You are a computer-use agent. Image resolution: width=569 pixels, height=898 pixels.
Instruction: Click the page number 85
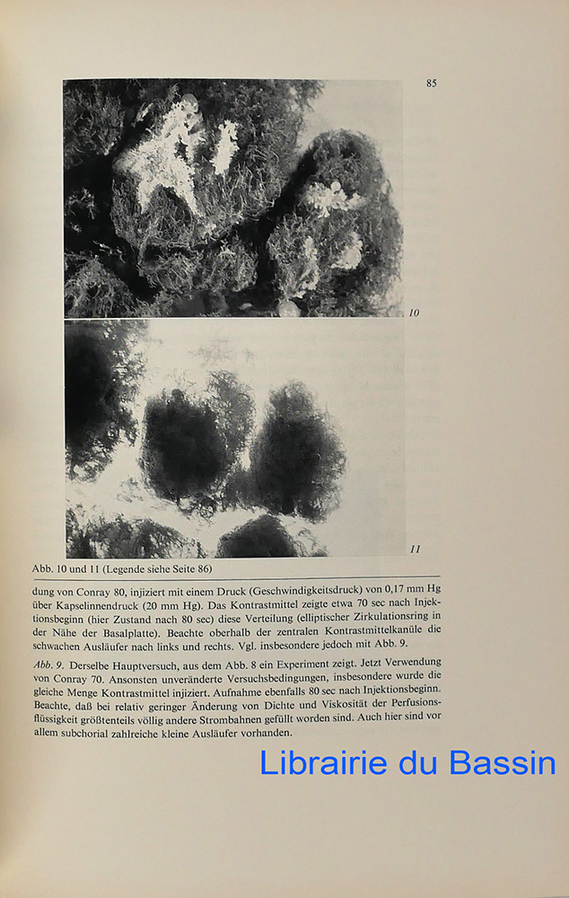point(432,84)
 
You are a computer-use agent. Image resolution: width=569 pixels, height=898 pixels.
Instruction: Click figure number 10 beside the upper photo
point(414,313)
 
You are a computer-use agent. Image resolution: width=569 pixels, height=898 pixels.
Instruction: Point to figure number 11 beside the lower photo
point(415,549)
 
